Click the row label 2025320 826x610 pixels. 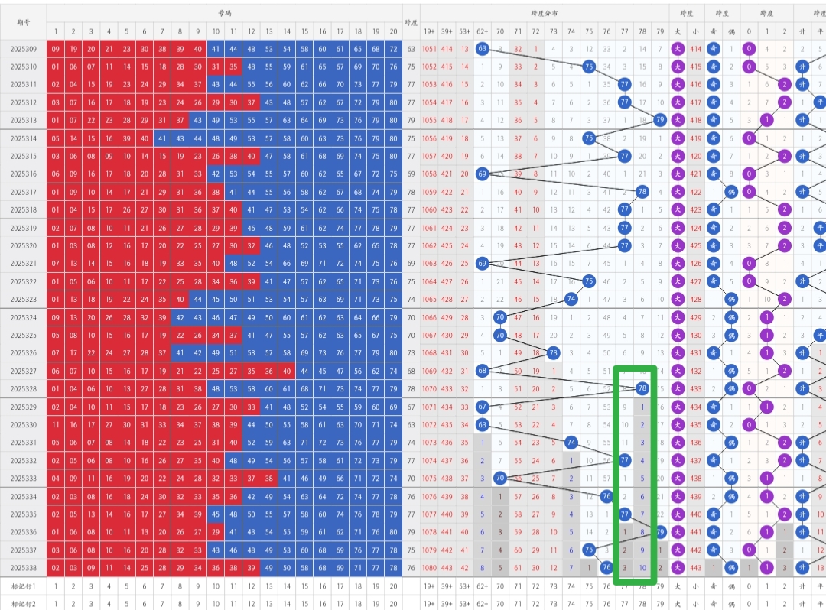tap(23, 245)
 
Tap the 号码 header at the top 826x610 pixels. tap(223, 13)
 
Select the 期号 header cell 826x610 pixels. tap(23, 21)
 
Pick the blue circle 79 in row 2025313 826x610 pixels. tap(660, 120)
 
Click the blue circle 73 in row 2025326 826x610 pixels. tap(553, 353)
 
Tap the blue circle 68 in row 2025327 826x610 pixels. tap(482, 371)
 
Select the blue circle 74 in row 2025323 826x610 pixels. tap(571, 299)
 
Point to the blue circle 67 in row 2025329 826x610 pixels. tap(482, 407)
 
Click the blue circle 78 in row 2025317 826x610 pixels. tap(642, 192)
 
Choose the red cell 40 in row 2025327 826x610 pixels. tap(286, 371)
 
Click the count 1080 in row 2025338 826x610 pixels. tap(430, 567)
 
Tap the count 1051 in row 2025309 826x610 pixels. tap(430, 49)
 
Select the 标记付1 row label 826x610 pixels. tap(23, 586)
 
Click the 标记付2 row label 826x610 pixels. tap(23, 603)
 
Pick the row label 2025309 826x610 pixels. tap(23, 49)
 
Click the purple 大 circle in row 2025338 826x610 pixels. tap(678, 567)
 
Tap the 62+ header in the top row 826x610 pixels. tap(482, 31)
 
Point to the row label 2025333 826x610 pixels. tap(23, 479)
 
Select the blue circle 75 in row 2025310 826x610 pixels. tap(589, 67)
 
